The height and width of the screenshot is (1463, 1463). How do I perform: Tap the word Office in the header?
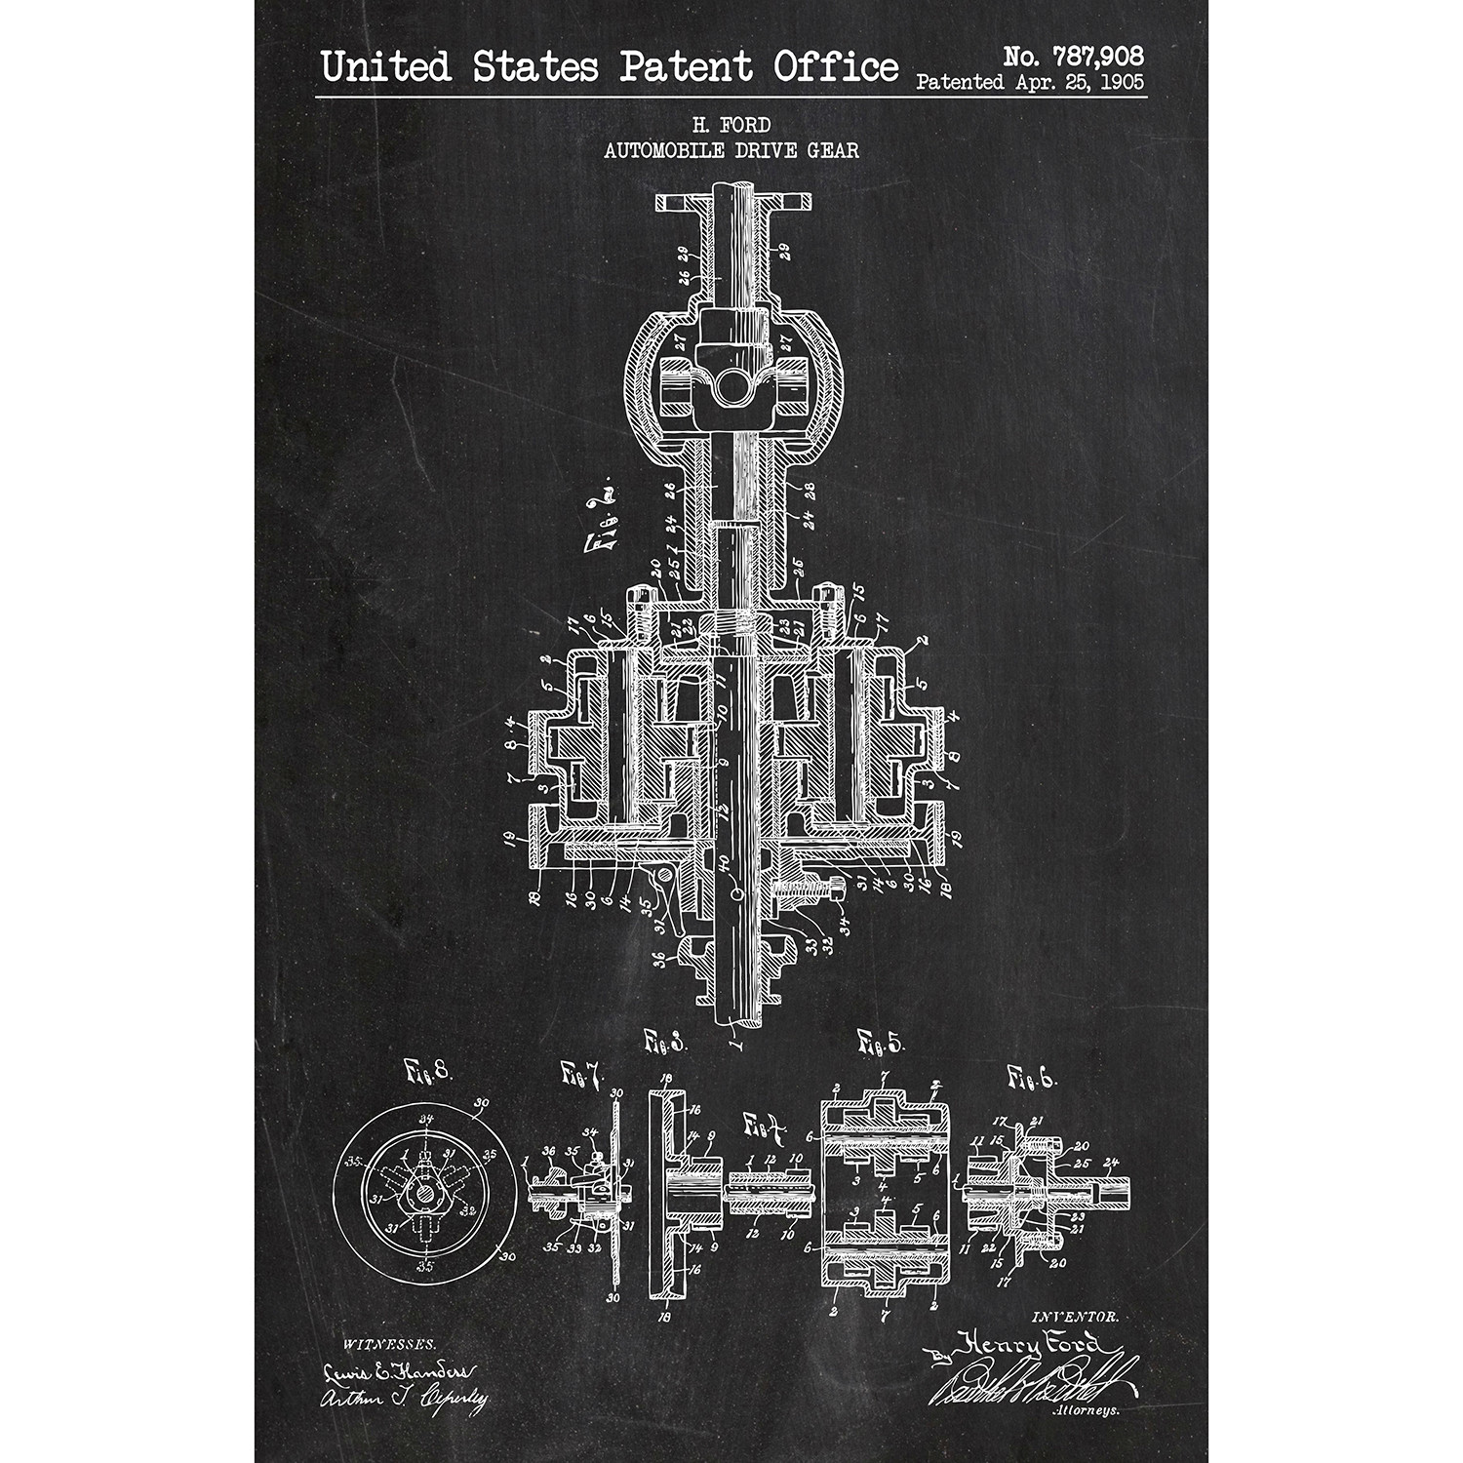(836, 67)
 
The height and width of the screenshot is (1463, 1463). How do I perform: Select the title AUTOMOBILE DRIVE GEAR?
(731, 150)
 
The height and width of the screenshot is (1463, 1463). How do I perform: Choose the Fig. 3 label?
(665, 1043)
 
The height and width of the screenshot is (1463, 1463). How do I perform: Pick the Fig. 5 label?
(881, 1043)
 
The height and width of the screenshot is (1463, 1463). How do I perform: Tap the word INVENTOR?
(1074, 1317)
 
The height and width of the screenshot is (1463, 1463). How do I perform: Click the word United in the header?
(386, 67)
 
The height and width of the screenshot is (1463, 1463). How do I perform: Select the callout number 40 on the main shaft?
(724, 862)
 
